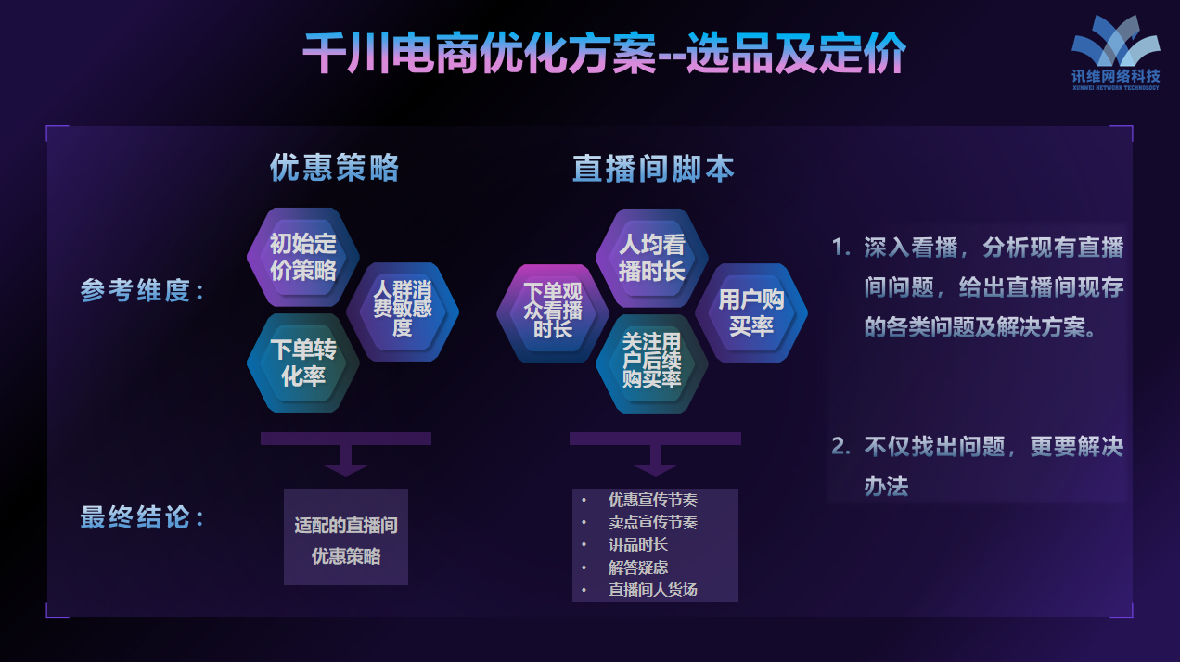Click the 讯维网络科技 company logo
[1116, 53]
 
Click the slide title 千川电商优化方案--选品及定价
[604, 53]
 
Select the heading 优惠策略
[335, 168]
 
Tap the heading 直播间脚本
[653, 169]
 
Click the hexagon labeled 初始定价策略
[303, 257]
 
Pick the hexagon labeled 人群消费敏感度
[403, 312]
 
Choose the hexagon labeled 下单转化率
[303, 363]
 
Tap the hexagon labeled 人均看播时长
[651, 258]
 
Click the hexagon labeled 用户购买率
[751, 312]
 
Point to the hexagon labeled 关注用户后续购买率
[651, 364]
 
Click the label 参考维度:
[142, 290]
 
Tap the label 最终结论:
[142, 517]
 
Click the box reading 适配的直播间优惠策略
[346, 537]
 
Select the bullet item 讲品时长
[638, 544]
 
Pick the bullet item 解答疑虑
[638, 567]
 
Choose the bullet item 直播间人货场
[653, 590]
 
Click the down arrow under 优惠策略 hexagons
[346, 454]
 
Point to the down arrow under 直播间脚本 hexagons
[655, 454]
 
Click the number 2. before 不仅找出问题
[840, 447]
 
